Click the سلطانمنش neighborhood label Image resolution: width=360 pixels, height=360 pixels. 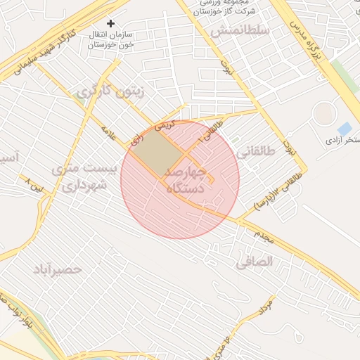(240, 31)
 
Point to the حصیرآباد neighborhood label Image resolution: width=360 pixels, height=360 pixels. (57, 269)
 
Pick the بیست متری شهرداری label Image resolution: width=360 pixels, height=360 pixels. (83, 178)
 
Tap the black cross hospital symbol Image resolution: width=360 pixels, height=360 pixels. (110, 24)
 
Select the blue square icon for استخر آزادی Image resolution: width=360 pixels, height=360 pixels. (345, 129)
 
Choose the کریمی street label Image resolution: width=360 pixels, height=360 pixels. (163, 126)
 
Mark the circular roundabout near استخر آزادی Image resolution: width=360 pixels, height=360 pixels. (324, 114)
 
